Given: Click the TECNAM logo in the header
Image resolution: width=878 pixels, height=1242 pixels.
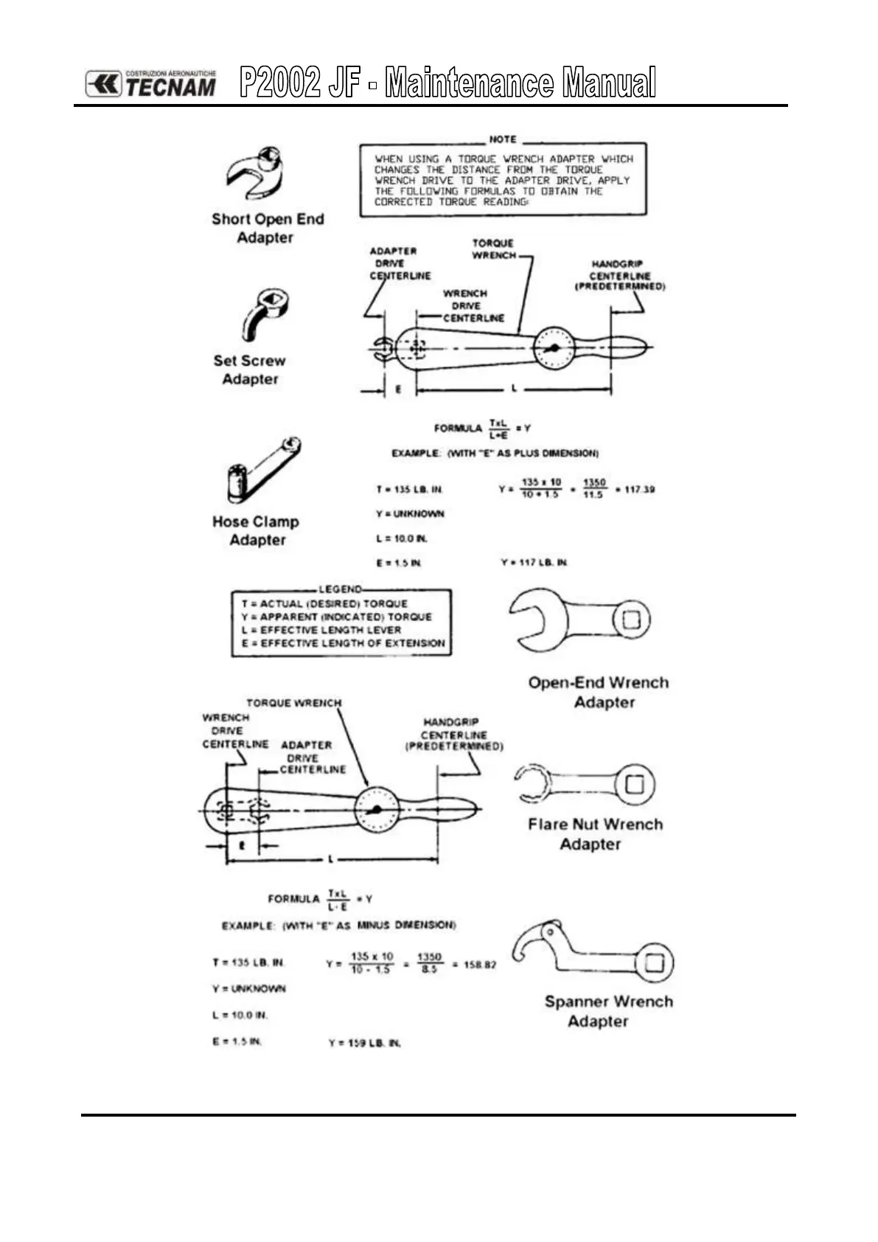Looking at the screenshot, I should click(x=151, y=83).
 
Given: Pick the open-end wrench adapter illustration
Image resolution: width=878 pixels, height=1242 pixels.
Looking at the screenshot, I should click(x=579, y=620).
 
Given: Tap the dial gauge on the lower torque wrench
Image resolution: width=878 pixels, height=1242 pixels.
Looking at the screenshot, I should click(x=377, y=810).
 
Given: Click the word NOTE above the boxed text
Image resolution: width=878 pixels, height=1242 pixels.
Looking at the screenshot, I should click(x=503, y=139).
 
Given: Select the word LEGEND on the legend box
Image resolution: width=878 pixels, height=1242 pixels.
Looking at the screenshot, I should click(x=341, y=589).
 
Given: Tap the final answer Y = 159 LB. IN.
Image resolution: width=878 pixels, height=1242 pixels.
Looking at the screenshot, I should click(x=365, y=1043).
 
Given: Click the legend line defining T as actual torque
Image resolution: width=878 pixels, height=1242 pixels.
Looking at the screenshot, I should click(x=324, y=603).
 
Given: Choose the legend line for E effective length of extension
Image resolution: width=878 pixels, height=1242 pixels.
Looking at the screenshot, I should click(x=343, y=643).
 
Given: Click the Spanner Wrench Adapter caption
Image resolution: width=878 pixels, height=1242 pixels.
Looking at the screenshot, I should click(x=608, y=1011).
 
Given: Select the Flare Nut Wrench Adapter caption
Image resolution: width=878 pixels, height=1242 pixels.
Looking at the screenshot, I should click(x=595, y=834).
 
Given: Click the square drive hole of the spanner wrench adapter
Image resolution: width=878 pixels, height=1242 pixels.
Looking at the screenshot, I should click(x=653, y=962).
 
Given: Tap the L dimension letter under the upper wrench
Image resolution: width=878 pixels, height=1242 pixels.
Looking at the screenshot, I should click(x=514, y=389).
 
